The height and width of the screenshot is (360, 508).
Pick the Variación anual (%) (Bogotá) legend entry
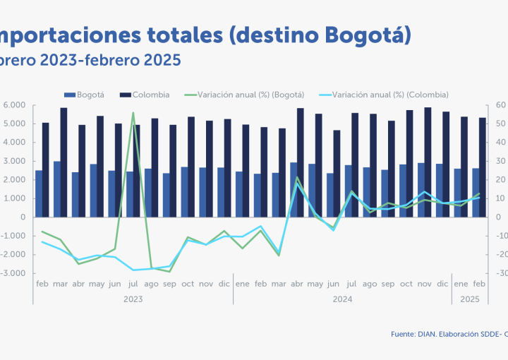250,94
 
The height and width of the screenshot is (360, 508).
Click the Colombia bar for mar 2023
64,162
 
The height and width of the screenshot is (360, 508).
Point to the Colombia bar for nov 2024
428,162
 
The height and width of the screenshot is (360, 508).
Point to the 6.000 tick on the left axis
14,105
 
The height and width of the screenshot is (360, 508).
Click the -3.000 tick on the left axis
13,273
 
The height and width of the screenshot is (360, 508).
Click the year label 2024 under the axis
342,299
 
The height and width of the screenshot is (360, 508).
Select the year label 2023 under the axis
133,299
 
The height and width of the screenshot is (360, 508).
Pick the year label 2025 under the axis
470,299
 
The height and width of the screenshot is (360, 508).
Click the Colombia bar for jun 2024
336,174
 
